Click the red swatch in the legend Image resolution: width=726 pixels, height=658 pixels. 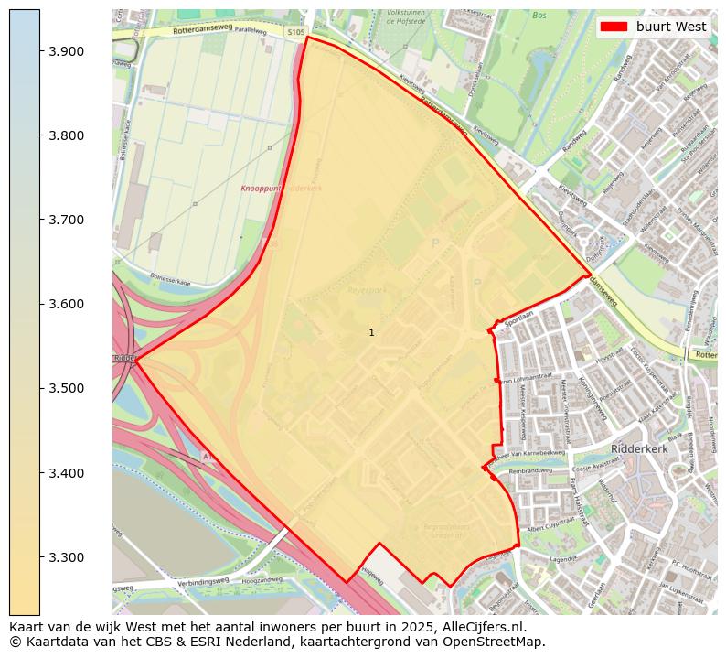[x=614, y=27]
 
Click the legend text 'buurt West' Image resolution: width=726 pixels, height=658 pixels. [x=671, y=27]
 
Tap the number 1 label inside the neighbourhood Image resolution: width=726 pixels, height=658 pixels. [x=371, y=332]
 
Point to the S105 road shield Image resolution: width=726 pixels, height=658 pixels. [x=295, y=32]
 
